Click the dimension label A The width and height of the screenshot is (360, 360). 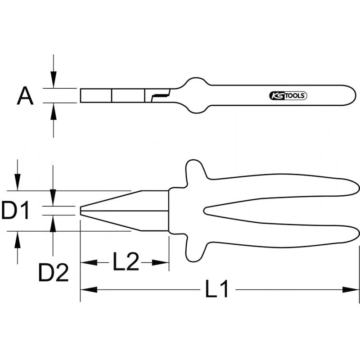(x=25, y=96)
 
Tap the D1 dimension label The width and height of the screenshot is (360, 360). (x=15, y=210)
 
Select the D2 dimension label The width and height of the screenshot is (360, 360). (x=54, y=273)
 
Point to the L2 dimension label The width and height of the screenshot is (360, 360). (x=126, y=261)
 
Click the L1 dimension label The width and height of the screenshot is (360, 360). (x=216, y=288)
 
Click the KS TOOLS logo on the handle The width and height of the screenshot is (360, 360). (x=288, y=96)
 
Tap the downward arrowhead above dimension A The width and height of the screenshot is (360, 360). (x=54, y=80)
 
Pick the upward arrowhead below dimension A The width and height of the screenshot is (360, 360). (x=54, y=111)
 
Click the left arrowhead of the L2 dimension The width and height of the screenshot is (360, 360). (x=89, y=262)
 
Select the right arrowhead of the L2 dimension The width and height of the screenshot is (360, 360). (x=161, y=262)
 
